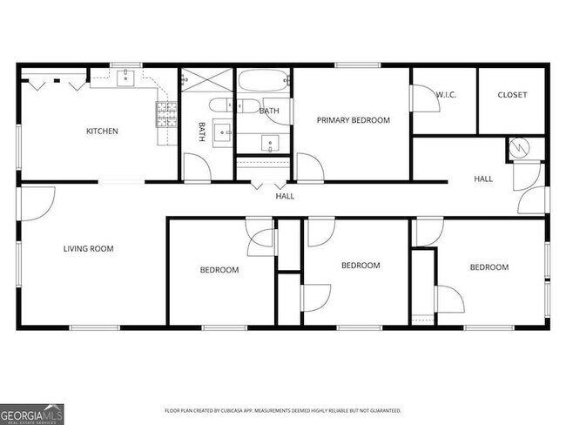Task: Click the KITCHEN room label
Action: point(102,132)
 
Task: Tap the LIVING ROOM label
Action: point(89,248)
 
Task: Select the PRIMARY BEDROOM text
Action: point(353,120)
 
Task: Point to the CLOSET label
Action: point(512,95)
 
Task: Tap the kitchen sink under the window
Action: point(126,78)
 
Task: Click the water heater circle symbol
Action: point(520,148)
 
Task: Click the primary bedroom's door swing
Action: point(307,166)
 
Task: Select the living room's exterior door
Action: point(37,201)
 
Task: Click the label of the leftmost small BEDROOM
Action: point(219,270)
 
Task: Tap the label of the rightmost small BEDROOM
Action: point(489,267)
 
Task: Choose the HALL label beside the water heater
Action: point(483,179)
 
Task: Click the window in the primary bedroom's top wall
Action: point(351,64)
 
